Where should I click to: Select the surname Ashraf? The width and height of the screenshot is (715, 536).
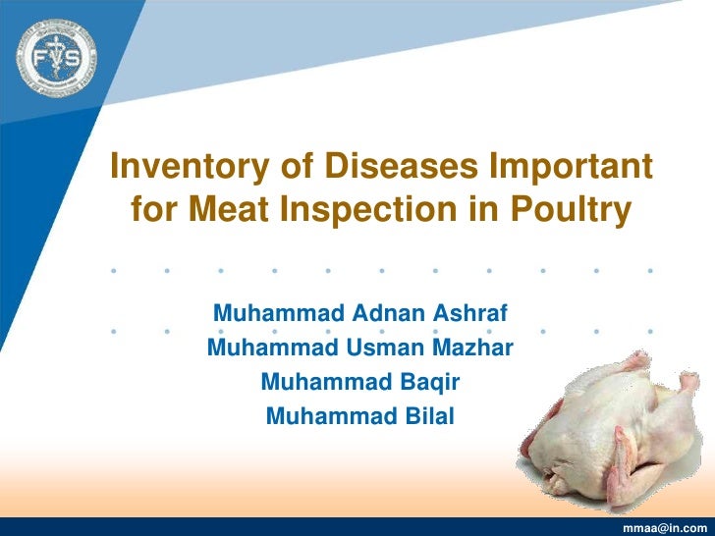pos(469,315)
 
